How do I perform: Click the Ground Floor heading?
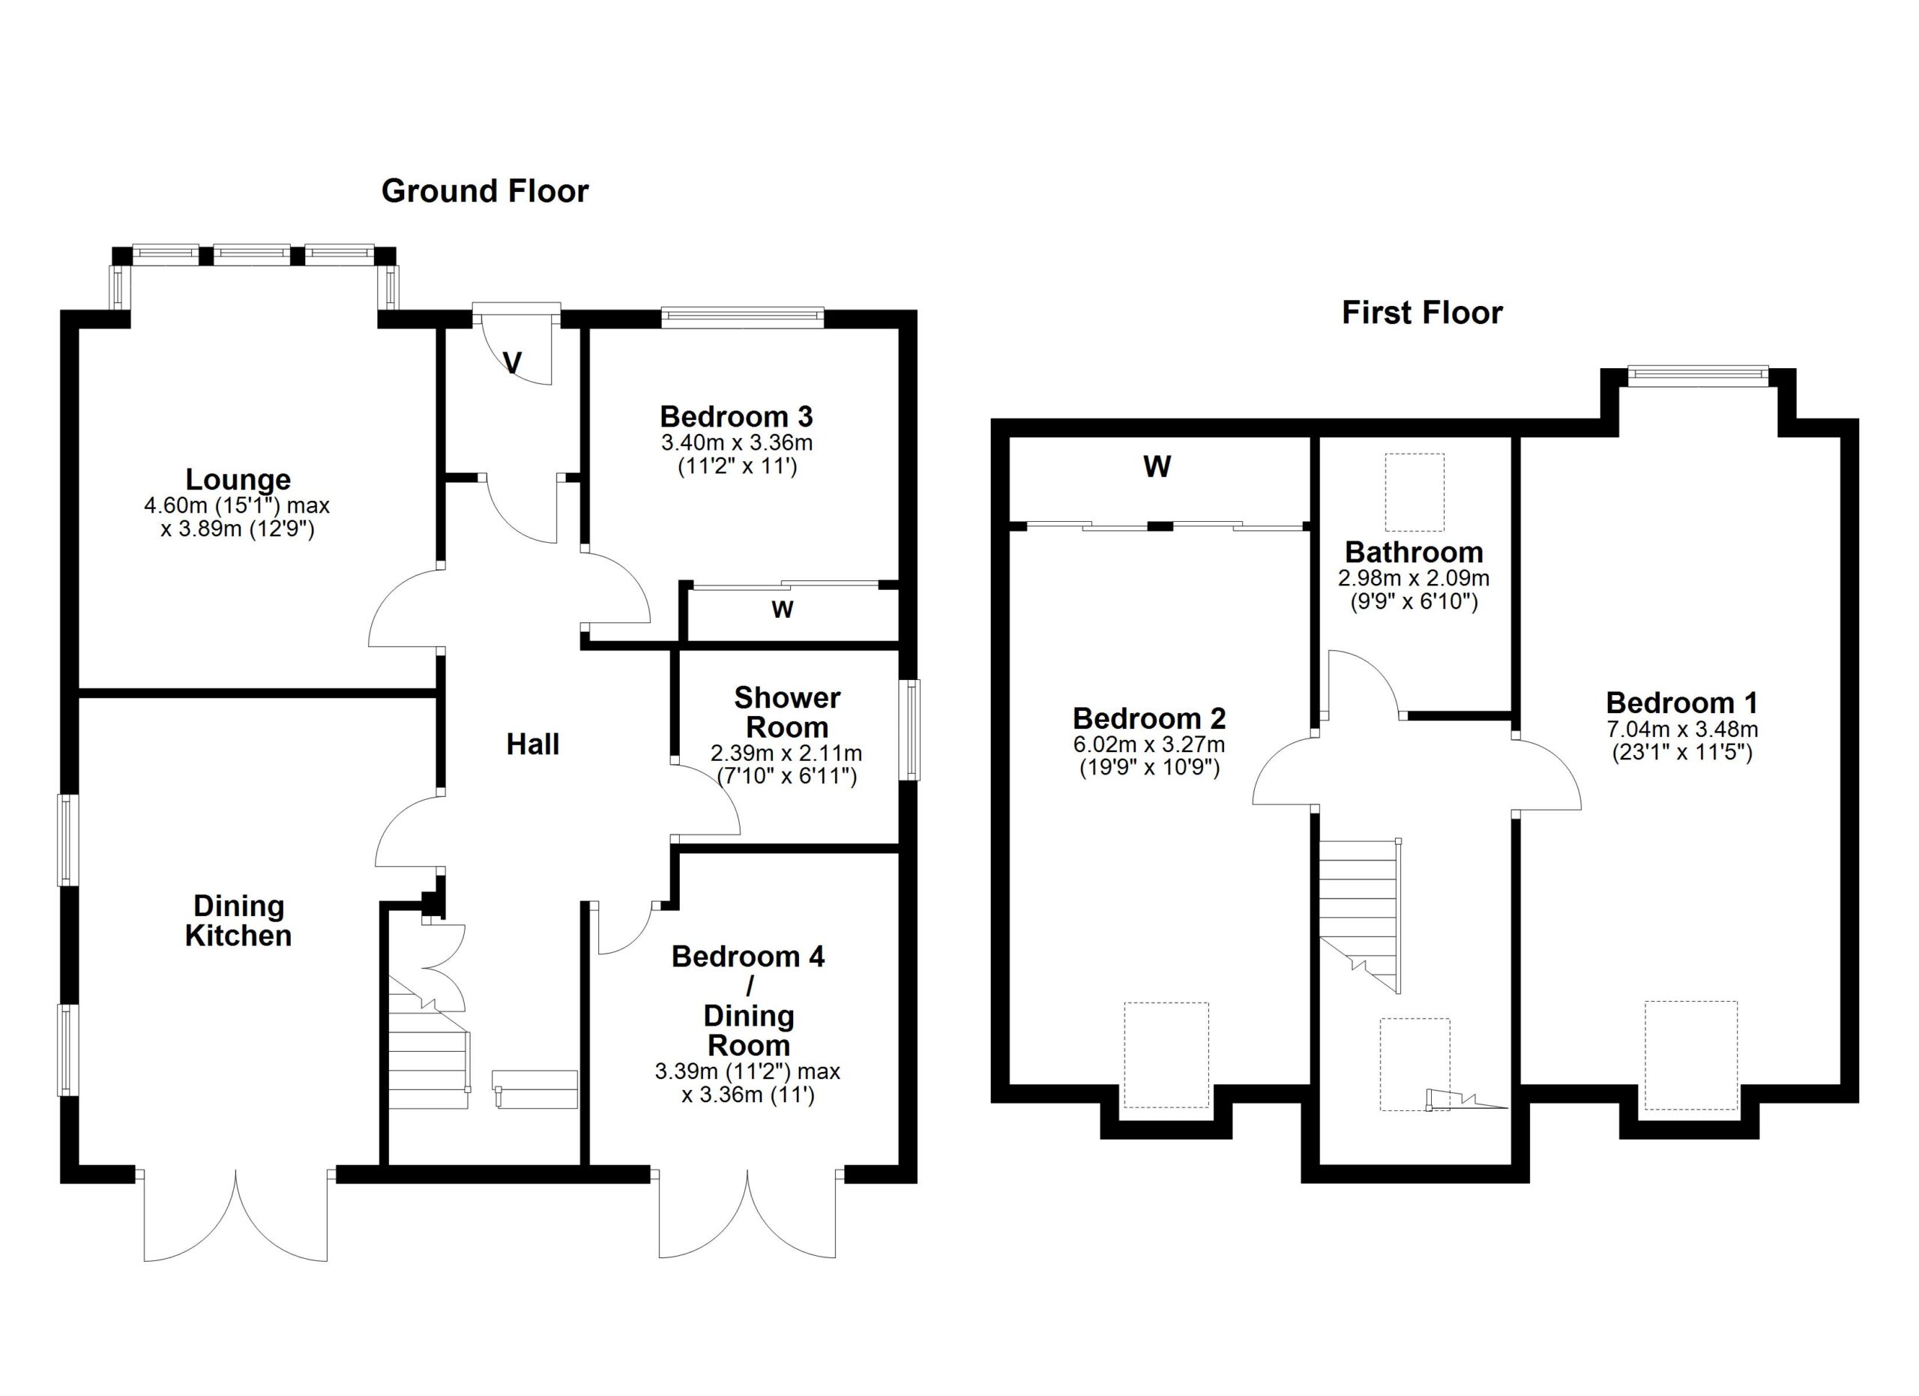485,191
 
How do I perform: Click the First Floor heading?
1421,313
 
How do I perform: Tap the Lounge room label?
238,480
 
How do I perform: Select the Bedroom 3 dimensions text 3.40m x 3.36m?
737,442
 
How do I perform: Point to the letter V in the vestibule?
512,362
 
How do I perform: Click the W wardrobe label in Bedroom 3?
783,610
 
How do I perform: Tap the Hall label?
533,744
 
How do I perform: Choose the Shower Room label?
787,712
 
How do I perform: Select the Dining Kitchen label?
238,921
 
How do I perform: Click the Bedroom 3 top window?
742,317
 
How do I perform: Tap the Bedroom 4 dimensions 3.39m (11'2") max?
747,1071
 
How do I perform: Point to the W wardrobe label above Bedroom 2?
1157,466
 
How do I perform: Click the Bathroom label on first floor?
1414,553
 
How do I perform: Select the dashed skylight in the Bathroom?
1414,492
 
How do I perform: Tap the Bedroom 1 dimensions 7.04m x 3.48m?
1682,729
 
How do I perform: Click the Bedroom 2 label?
1149,718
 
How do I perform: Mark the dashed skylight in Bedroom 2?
1166,1055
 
